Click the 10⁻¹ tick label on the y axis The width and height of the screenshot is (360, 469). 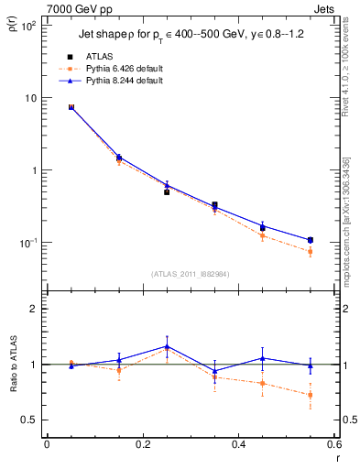point(28,243)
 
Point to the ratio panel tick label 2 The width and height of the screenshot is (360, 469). point(32,309)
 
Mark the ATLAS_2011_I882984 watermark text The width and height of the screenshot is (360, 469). point(191,273)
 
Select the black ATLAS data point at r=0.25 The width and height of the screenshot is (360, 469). point(167,192)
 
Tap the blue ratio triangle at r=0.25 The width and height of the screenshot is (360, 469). point(167,346)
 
